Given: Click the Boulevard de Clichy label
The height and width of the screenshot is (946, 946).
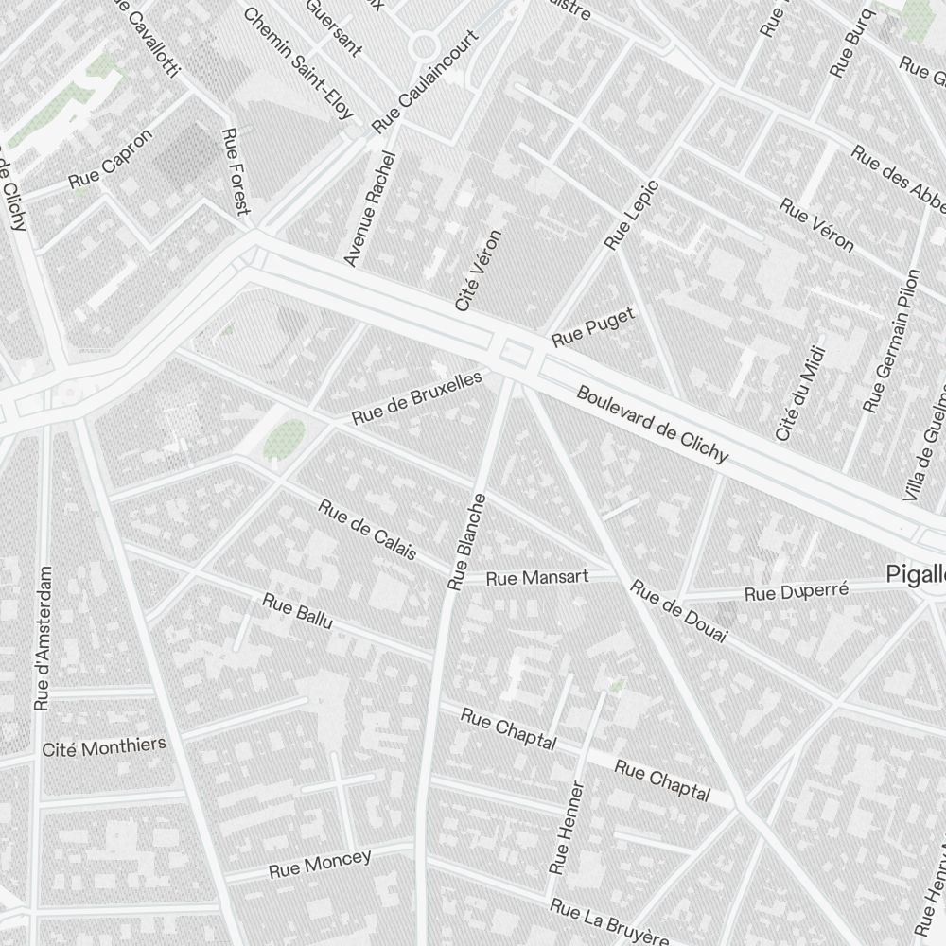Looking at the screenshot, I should tap(653, 425).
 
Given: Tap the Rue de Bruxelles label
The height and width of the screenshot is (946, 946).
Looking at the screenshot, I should tap(416, 397).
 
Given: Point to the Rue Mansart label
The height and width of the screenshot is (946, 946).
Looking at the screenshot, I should tap(537, 577).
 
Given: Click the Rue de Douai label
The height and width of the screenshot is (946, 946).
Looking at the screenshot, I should tap(678, 612).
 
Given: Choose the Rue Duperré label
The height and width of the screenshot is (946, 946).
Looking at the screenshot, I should tap(797, 593).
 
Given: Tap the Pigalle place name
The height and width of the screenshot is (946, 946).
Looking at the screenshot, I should tap(916, 574).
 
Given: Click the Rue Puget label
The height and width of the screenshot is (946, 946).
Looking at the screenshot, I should tap(592, 324).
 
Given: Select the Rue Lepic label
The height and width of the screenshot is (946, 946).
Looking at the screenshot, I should tap(631, 216).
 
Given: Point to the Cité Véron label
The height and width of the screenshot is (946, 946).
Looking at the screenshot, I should tap(477, 271).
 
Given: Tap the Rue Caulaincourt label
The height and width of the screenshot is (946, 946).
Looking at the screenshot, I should tap(425, 81).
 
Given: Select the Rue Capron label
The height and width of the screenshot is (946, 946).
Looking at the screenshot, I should tap(110, 159).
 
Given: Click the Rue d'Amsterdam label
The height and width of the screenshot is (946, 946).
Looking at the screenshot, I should tap(42, 639).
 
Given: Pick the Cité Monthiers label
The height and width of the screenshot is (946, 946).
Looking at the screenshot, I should tap(104, 747).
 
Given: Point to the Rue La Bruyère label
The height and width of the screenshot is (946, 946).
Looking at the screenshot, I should tap(609, 921).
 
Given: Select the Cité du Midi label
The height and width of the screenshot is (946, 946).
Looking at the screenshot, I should tap(799, 394).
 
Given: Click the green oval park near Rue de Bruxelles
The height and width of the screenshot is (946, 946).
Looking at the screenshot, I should tap(283, 440).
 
